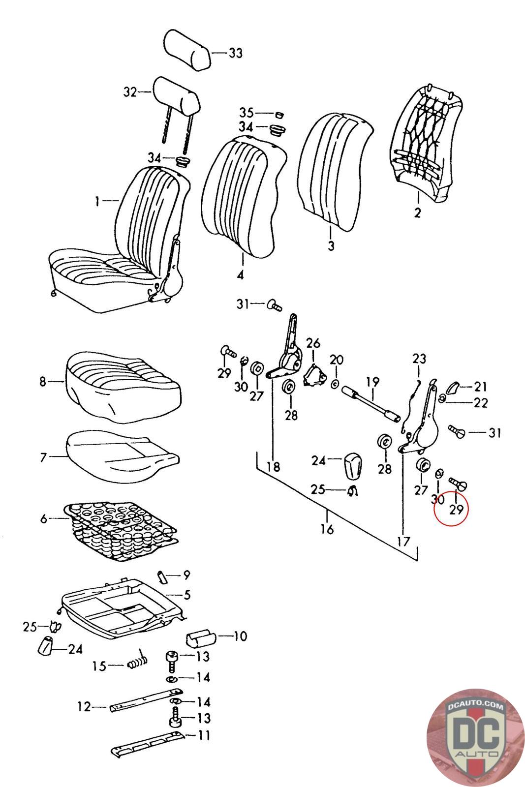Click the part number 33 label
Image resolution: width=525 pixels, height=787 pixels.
click(236, 53)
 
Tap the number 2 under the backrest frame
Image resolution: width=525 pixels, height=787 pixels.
click(417, 213)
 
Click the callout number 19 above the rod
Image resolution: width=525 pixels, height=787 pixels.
click(372, 381)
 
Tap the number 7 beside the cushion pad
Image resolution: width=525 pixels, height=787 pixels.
click(43, 458)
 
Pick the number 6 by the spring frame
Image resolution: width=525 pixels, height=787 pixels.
click(44, 518)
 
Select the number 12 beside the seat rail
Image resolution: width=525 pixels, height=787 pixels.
click(84, 707)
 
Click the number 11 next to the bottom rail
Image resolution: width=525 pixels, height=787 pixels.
click(204, 736)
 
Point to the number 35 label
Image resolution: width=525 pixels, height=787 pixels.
click(246, 112)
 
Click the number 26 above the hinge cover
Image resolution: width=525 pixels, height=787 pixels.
click(313, 343)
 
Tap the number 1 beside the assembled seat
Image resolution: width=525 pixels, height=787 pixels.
click(97, 201)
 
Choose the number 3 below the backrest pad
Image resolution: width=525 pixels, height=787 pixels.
click(331, 244)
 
